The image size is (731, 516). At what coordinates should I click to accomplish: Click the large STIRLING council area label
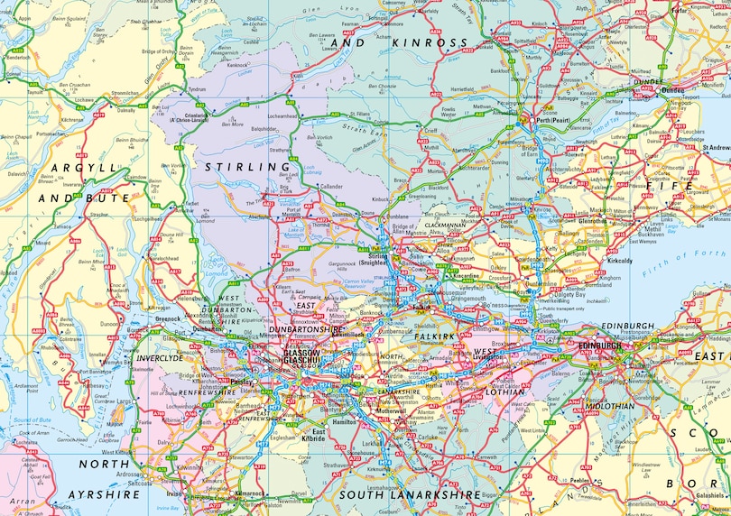click(239, 167)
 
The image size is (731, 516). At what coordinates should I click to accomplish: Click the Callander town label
click(335, 187)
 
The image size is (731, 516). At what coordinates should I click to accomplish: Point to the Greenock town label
click(168, 318)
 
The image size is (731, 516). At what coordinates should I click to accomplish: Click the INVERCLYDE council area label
click(158, 358)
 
